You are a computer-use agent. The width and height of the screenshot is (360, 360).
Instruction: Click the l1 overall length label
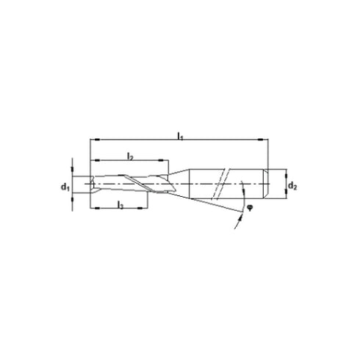click(x=180, y=134)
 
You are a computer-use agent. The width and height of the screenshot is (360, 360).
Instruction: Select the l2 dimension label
click(x=129, y=156)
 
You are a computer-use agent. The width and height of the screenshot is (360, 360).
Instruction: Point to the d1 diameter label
click(x=64, y=186)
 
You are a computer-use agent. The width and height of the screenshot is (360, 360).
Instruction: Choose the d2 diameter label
click(x=292, y=186)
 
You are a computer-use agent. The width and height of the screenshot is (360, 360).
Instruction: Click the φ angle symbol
click(x=250, y=208)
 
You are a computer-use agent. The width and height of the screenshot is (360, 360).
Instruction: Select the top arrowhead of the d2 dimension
click(x=281, y=173)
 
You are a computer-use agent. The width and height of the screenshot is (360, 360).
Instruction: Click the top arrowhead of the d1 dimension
click(x=73, y=176)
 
